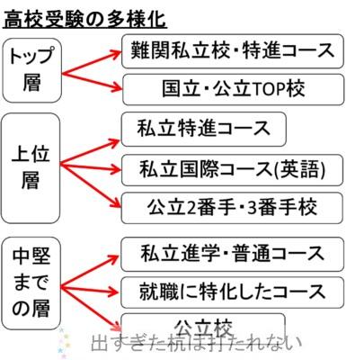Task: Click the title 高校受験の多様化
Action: (84, 19)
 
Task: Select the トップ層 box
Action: (31, 70)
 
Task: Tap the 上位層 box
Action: (31, 168)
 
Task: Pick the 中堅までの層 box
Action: (31, 283)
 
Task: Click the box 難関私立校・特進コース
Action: (233, 51)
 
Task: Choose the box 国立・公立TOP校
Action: (234, 89)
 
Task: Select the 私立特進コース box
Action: (204, 130)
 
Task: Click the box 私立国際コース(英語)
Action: (232, 170)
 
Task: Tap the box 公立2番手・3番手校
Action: (232, 208)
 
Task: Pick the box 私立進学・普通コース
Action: (232, 254)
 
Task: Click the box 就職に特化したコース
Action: (232, 292)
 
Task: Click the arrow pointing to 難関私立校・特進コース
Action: (91, 63)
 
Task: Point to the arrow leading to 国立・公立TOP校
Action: (92, 82)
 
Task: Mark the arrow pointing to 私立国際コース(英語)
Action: (91, 167)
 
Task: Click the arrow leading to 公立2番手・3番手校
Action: (91, 186)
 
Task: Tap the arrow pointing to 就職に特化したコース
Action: (91, 290)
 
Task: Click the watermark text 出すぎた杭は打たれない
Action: (196, 343)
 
